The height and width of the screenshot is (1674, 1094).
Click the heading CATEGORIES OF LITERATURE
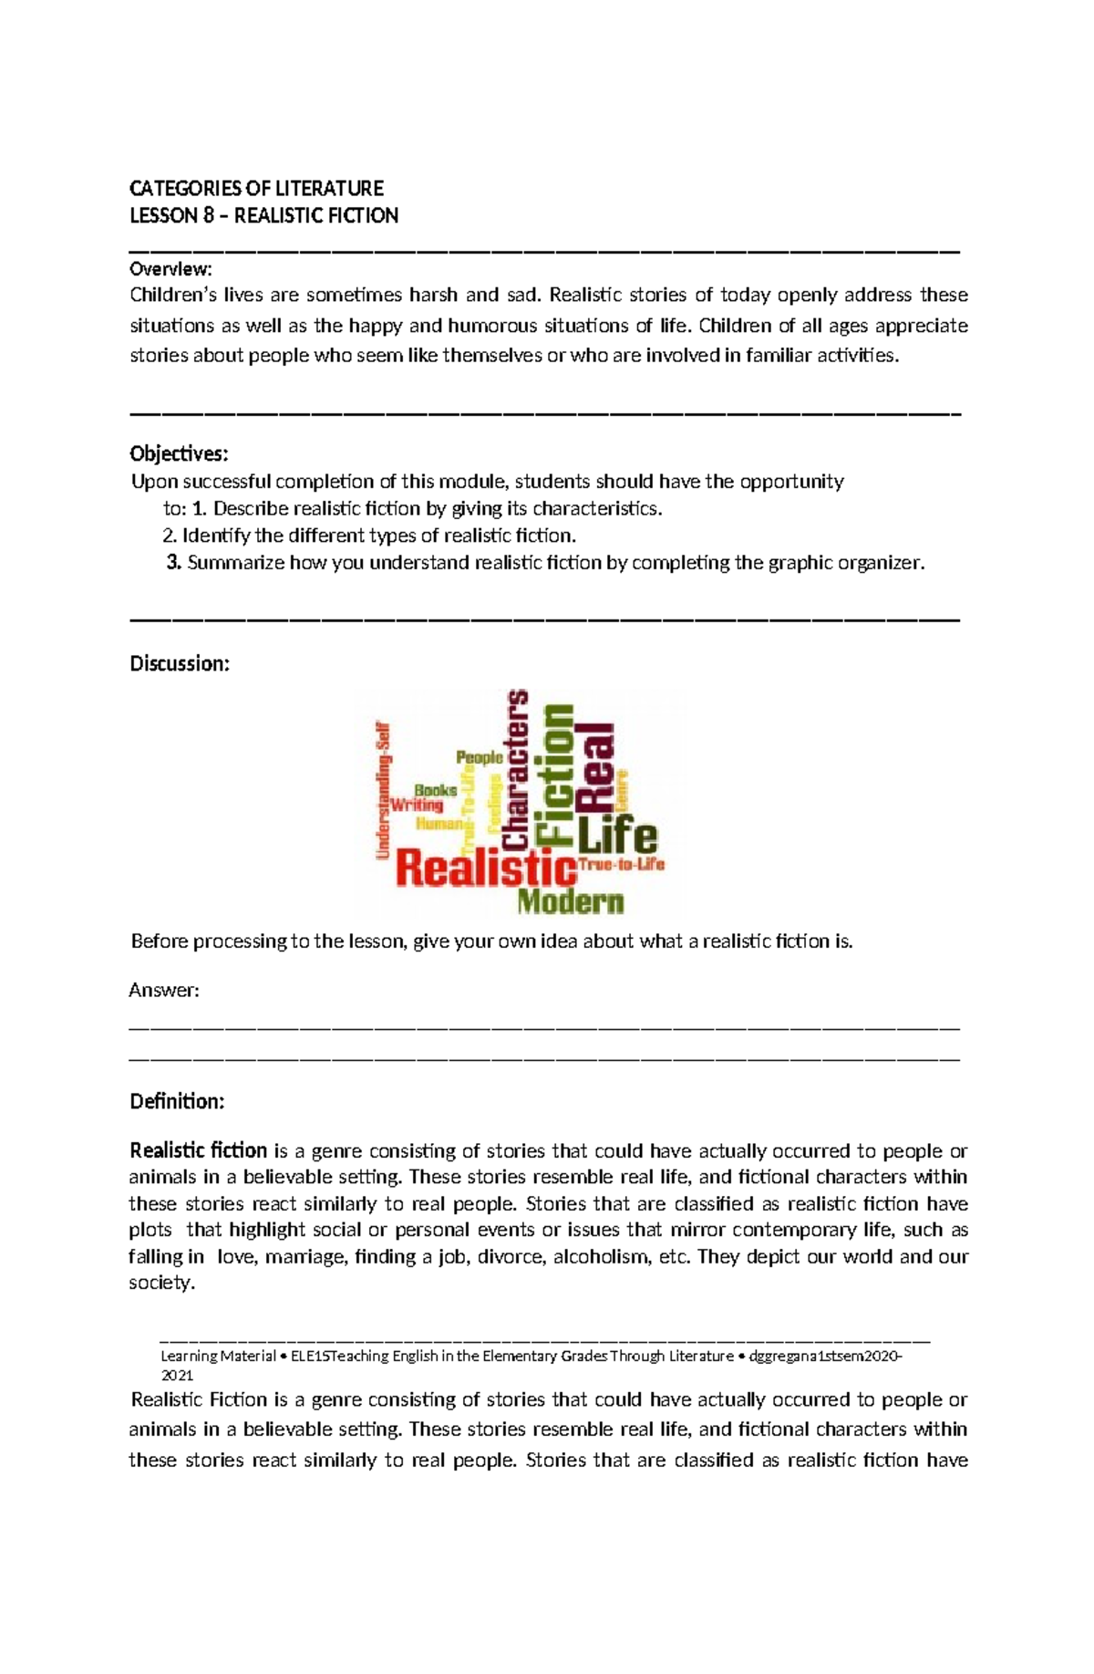coord(256,189)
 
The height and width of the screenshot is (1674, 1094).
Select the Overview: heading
coord(170,269)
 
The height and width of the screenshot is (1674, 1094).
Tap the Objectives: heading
coord(179,454)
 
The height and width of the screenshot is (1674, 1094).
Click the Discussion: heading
coord(180,663)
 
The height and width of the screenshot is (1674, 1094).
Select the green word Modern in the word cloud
coord(571,902)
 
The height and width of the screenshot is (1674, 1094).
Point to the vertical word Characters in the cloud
coord(515,768)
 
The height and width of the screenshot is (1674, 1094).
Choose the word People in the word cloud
coord(479,757)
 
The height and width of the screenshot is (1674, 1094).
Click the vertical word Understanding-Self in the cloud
coord(384,790)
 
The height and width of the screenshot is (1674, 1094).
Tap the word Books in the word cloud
coord(436,790)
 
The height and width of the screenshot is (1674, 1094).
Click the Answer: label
coord(164,991)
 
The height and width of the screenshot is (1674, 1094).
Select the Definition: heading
coord(177,1102)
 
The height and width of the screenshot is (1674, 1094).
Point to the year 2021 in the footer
coord(177,1375)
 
